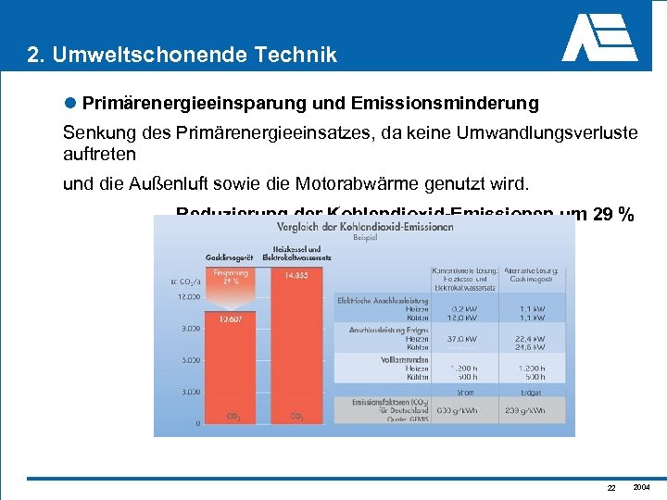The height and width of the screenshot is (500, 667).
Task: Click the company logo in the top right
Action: [600, 38]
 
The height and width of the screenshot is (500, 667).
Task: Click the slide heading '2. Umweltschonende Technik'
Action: [182, 56]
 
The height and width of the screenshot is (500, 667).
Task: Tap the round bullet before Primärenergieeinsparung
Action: [70, 100]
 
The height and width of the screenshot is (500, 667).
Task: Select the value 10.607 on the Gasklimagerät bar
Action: [231, 319]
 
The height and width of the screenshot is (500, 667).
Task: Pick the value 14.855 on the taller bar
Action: [296, 275]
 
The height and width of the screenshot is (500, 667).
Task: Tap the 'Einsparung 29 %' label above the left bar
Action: [231, 278]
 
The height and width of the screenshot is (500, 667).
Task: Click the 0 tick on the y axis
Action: [196, 424]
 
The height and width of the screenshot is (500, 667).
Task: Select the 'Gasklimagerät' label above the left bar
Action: [229, 256]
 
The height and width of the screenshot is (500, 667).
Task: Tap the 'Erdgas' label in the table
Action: [531, 393]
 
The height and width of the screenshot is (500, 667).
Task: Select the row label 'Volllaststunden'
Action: [404, 358]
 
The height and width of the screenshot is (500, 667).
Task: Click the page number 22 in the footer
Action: [610, 488]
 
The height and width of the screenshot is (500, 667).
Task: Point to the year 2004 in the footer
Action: [641, 487]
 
